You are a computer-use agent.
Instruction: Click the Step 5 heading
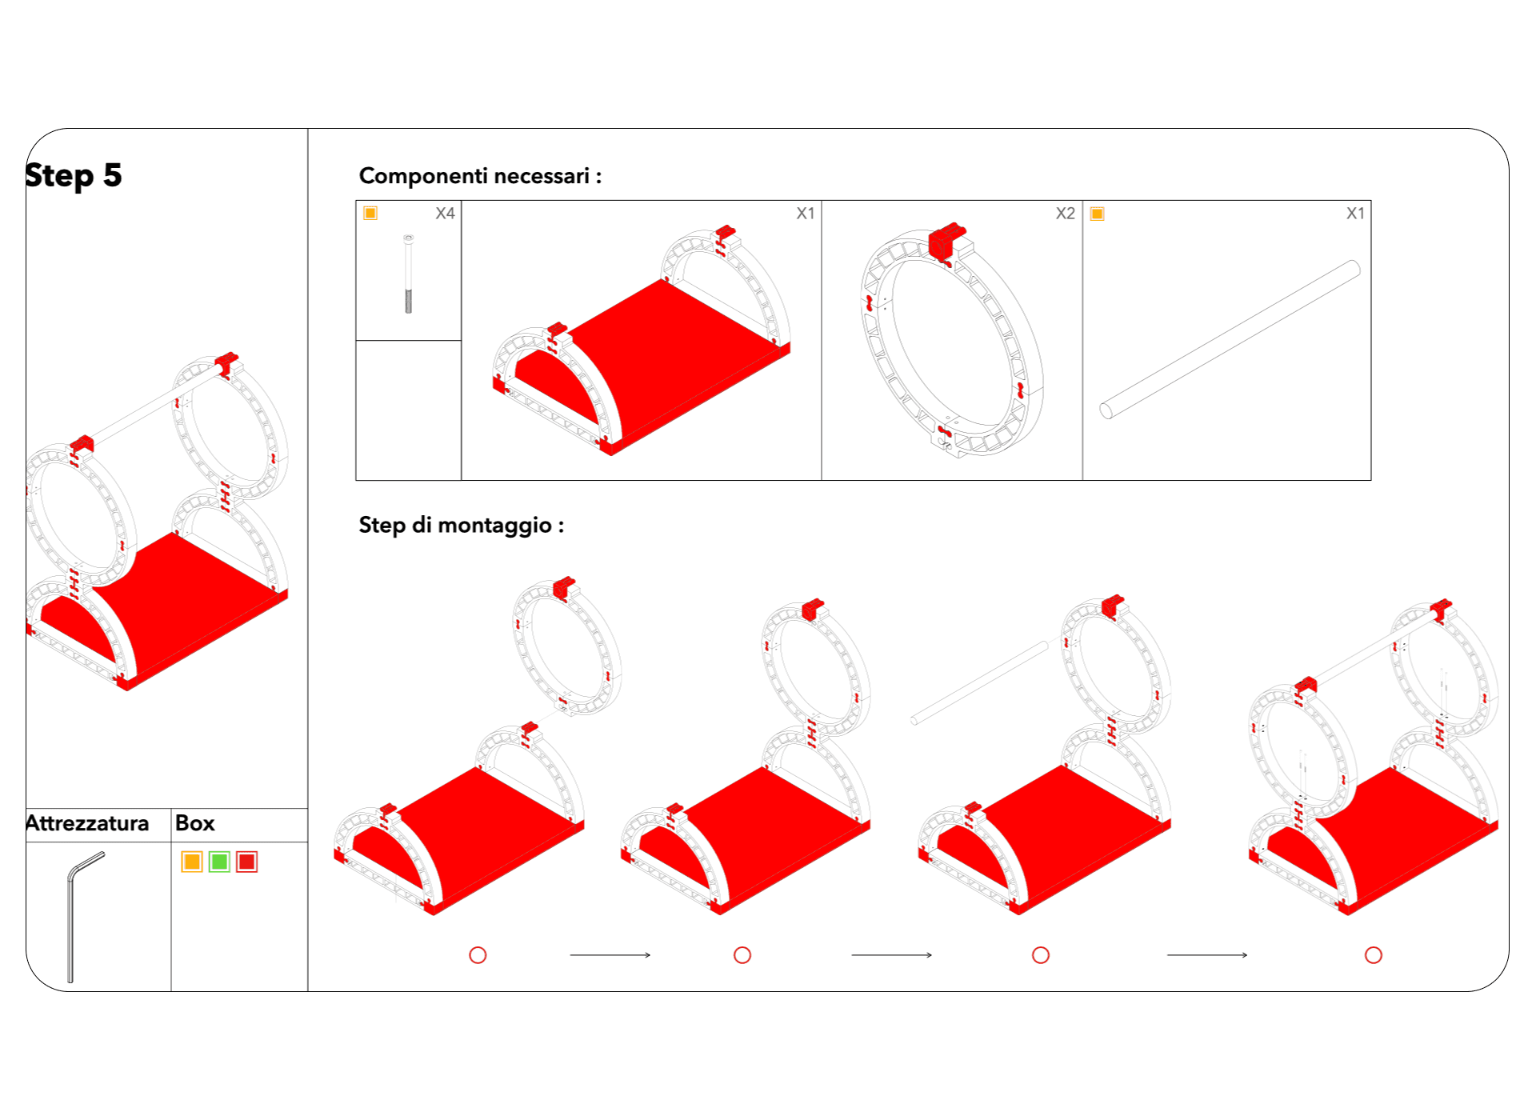pyautogui.click(x=74, y=175)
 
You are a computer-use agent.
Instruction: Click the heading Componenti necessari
pyautogui.click(x=480, y=176)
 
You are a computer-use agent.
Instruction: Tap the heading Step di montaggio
pyautogui.click(x=462, y=525)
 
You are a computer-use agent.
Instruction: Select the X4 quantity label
pyautogui.click(x=445, y=214)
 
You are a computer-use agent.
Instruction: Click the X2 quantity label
pyautogui.click(x=1065, y=214)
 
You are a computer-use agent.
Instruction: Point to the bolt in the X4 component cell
pyautogui.click(x=409, y=274)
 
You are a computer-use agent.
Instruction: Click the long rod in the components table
pyautogui.click(x=1230, y=339)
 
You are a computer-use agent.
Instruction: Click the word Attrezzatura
pyautogui.click(x=87, y=823)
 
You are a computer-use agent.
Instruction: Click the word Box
pyautogui.click(x=195, y=823)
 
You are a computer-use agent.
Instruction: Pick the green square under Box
pyautogui.click(x=219, y=862)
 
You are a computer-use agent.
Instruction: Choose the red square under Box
pyautogui.click(x=246, y=862)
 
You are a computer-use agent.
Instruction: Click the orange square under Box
pyautogui.click(x=192, y=862)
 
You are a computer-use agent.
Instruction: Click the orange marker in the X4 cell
pyautogui.click(x=370, y=213)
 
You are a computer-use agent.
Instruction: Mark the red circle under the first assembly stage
pyautogui.click(x=478, y=955)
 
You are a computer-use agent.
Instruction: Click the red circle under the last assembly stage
pyautogui.click(x=1374, y=955)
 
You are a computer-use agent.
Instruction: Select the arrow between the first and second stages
pyautogui.click(x=610, y=955)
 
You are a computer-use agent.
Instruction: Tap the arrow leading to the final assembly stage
pyautogui.click(x=1207, y=955)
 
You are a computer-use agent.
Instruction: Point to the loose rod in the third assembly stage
pyautogui.click(x=979, y=683)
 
